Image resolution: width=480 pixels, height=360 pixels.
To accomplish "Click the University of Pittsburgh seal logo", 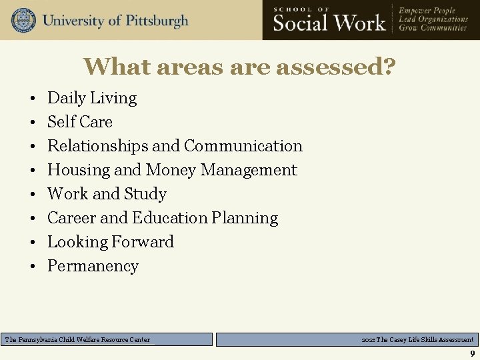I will click(23, 20).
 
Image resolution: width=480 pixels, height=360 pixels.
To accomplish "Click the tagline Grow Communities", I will click(433, 29).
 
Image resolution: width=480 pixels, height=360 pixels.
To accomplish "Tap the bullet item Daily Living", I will click(92, 98).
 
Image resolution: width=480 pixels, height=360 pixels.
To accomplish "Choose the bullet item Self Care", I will click(80, 122).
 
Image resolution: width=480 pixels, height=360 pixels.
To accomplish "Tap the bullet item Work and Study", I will click(107, 194).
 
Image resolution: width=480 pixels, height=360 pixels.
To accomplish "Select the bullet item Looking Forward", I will click(111, 242).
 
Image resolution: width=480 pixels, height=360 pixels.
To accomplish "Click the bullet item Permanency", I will click(93, 266).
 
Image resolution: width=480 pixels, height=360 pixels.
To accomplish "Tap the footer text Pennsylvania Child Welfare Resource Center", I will click(77, 340).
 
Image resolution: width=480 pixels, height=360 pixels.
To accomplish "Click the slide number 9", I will click(472, 353).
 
